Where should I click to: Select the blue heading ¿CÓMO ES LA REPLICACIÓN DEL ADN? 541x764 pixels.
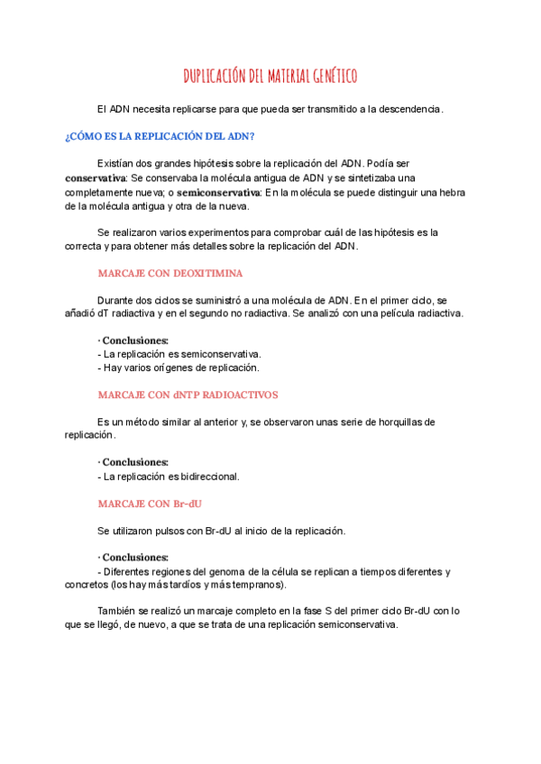[x=160, y=136]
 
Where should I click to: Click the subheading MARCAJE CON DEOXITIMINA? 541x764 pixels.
[x=170, y=273]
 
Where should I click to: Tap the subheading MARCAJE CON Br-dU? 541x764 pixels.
[x=149, y=504]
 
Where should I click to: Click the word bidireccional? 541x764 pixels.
[x=213, y=477]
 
